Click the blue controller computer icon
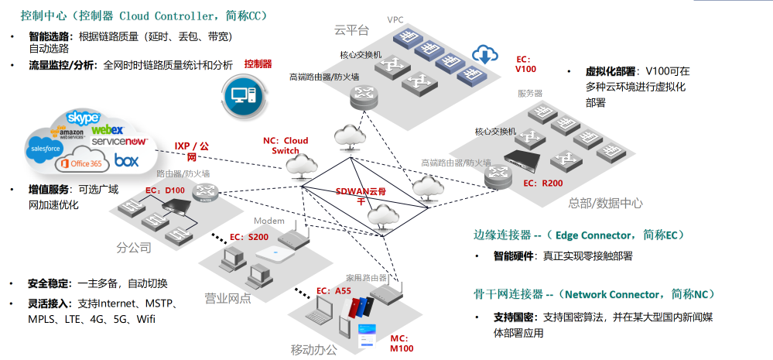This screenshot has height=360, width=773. click(x=243, y=95)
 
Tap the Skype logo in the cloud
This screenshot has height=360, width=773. click(x=83, y=118)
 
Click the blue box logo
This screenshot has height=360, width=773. click(x=126, y=160)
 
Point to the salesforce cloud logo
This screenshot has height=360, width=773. click(x=44, y=147)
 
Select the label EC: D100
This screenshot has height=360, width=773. click(x=166, y=190)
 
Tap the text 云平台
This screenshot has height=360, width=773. click(x=351, y=30)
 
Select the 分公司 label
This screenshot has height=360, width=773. click(x=133, y=249)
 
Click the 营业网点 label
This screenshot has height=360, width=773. click(x=228, y=298)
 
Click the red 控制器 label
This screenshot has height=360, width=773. click(x=258, y=63)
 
